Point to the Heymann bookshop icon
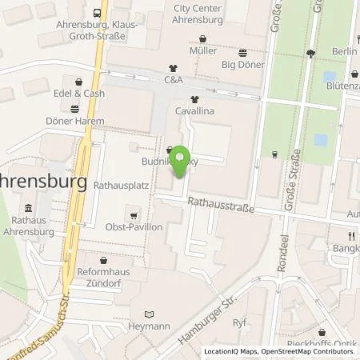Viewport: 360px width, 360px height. coord(145,314)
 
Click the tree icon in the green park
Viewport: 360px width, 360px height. coord(310,54)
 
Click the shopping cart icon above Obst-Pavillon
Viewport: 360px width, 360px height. coord(134,214)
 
